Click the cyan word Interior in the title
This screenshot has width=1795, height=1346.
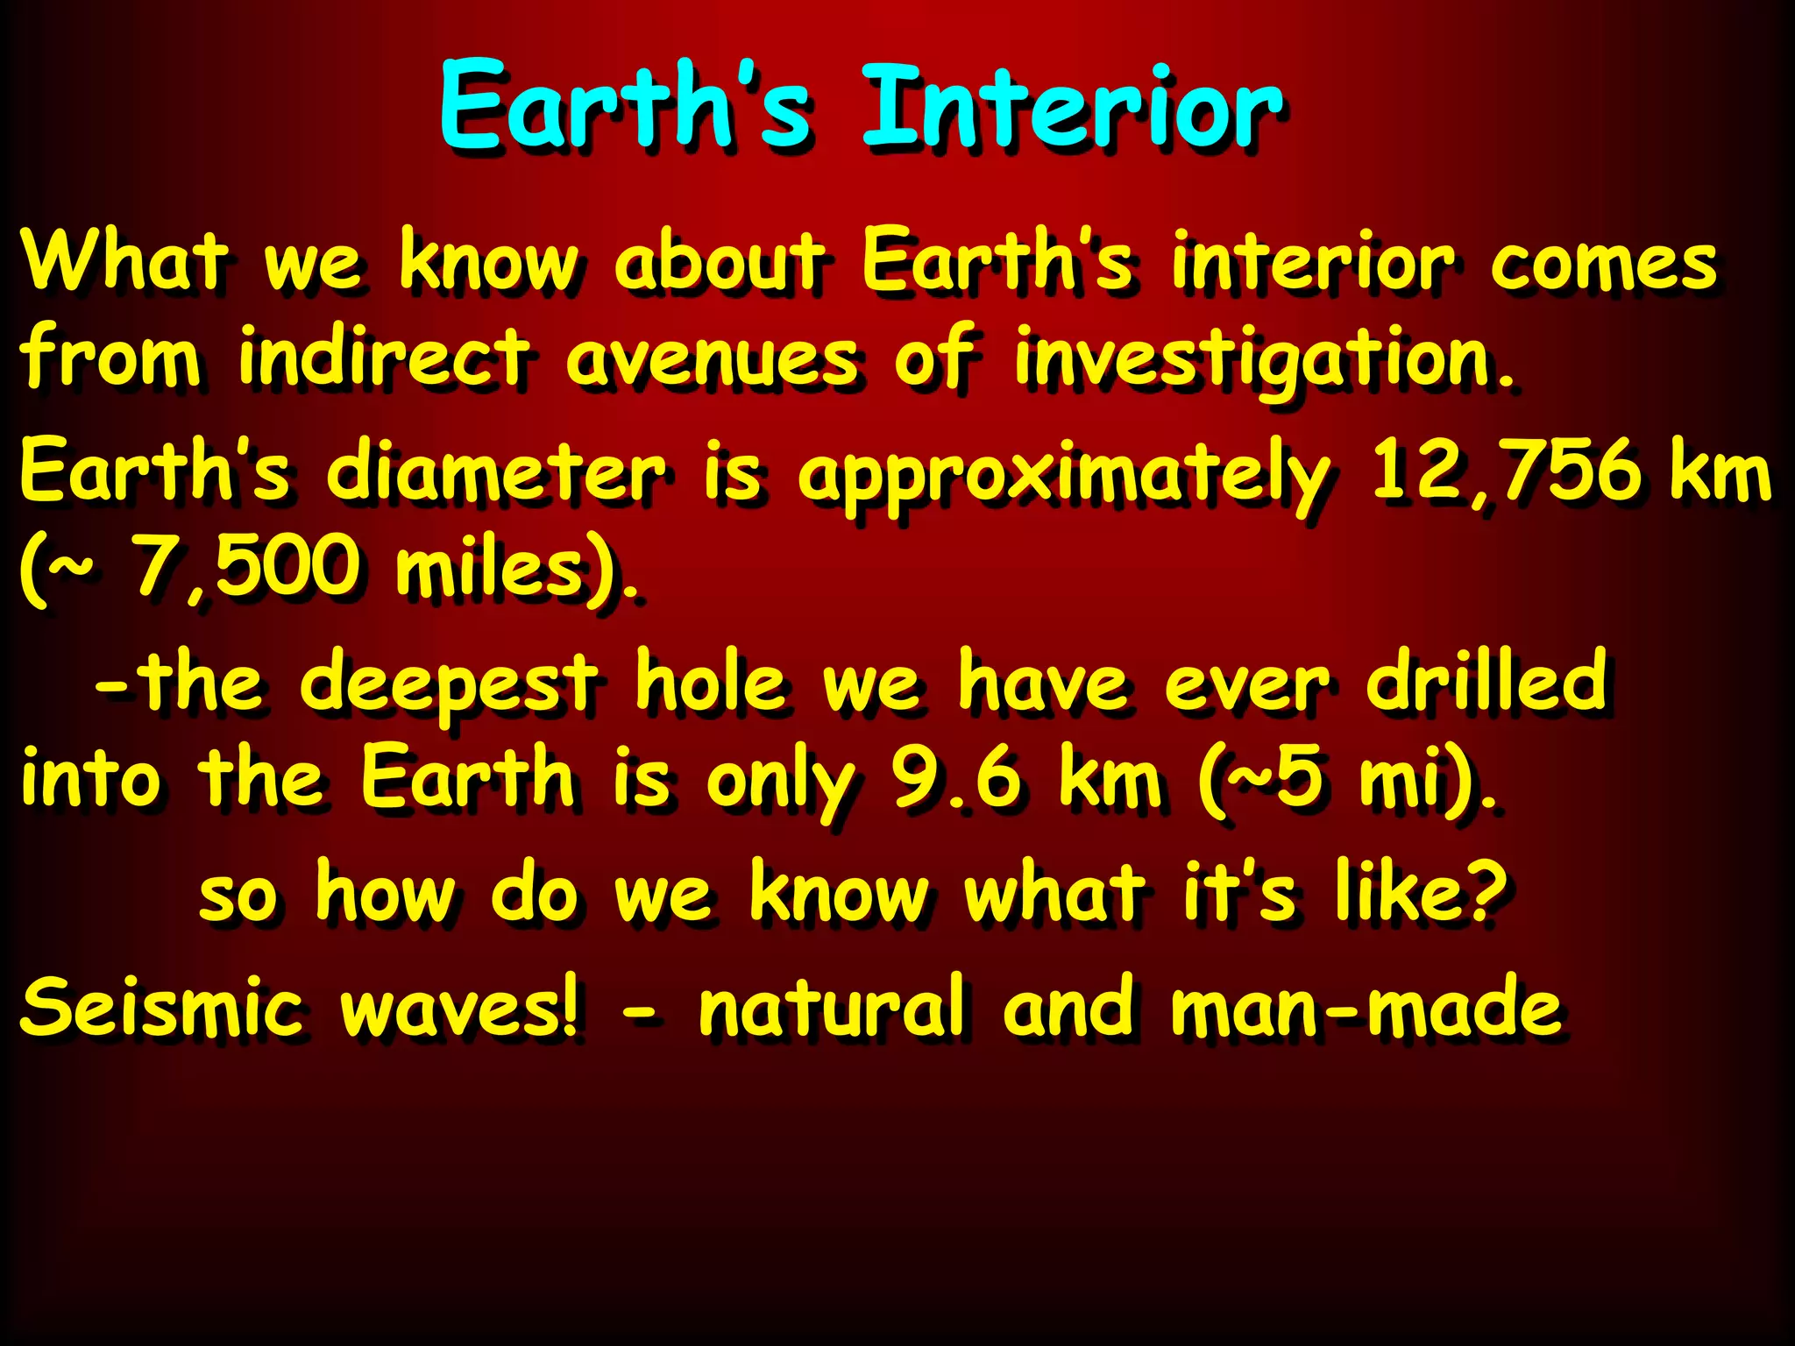point(1073,109)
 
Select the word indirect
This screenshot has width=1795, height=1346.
point(384,357)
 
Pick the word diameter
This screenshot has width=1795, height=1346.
point(495,472)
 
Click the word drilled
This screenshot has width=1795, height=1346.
point(1487,681)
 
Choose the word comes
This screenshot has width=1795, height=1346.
point(1603,263)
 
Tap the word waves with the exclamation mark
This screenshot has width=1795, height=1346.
point(460,1008)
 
